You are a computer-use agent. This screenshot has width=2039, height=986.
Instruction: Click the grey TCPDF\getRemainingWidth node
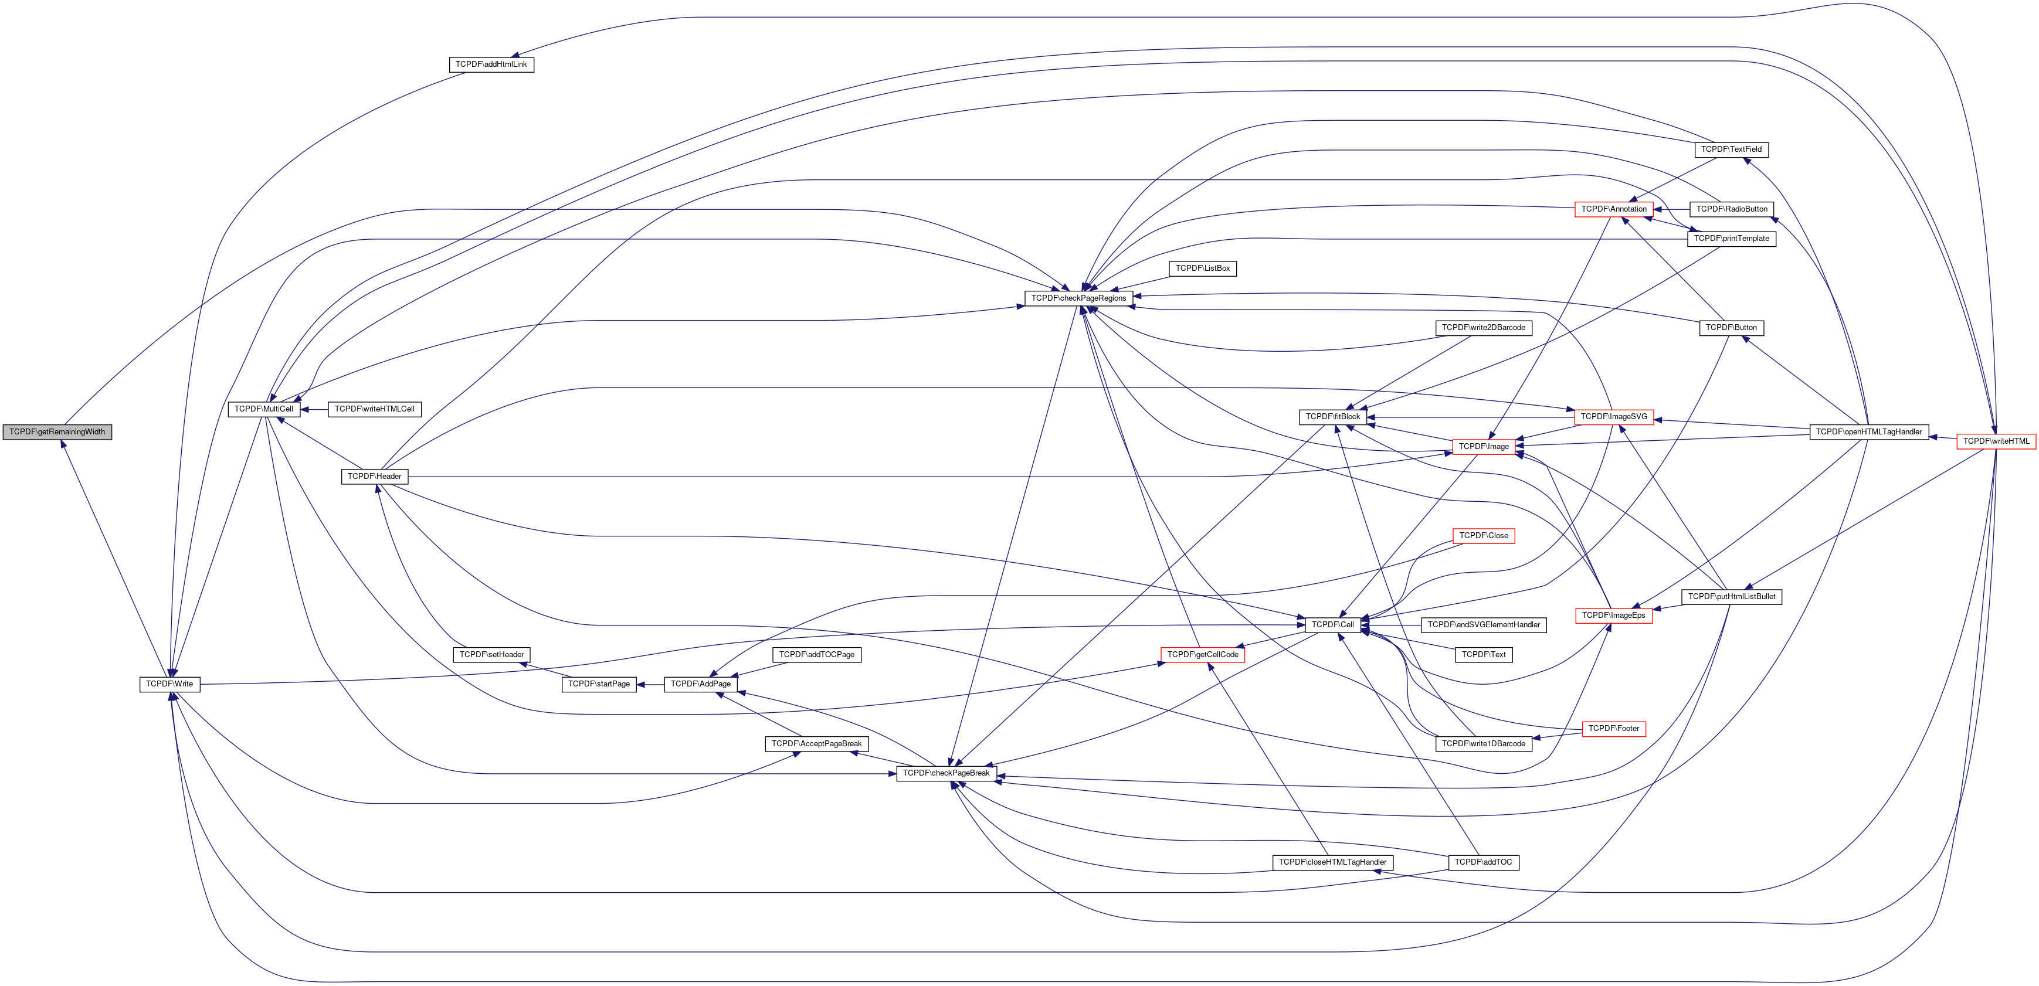[x=57, y=432]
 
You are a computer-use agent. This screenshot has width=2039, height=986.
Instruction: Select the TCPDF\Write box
[x=169, y=684]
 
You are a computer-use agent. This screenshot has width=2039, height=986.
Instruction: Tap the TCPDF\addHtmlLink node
[x=491, y=64]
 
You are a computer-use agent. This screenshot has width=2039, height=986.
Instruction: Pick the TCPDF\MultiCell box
[x=263, y=409]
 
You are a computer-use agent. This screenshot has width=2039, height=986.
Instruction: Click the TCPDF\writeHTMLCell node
[x=374, y=409]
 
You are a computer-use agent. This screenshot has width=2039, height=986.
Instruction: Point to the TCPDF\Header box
[x=374, y=477]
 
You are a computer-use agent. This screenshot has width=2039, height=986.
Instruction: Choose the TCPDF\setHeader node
[x=491, y=654]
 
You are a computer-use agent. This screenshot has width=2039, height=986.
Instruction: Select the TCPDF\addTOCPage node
[x=816, y=654]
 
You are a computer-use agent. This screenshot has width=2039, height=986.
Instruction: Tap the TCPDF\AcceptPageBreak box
[x=816, y=744]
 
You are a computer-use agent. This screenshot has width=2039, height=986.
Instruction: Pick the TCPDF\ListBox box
[x=1202, y=268]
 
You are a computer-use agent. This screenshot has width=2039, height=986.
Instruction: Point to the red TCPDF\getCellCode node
[x=1202, y=654]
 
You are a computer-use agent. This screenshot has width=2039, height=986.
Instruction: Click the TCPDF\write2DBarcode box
[x=1482, y=328]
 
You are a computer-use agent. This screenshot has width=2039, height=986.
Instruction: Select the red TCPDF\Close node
[x=1483, y=536]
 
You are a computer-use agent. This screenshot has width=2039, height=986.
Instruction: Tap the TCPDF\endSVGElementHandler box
[x=1483, y=625]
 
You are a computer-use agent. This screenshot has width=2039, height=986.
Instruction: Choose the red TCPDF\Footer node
[x=1613, y=729]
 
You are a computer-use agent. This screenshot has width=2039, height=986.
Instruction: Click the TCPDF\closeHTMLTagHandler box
[x=1332, y=862]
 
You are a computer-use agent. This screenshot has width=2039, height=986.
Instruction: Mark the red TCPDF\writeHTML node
[x=1996, y=441]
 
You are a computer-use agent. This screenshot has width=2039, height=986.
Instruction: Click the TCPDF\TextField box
[x=1731, y=149]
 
